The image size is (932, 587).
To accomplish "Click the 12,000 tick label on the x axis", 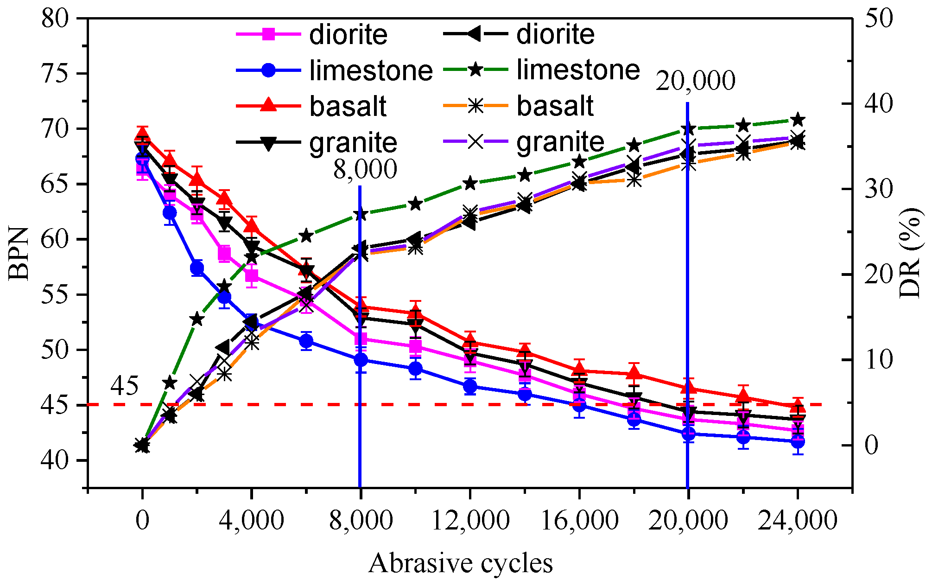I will click(x=470, y=521).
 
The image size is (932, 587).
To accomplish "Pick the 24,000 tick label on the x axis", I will click(x=797, y=521).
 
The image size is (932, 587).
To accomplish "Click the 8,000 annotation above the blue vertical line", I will click(x=365, y=169).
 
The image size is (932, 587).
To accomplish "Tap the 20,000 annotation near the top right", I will click(x=695, y=81).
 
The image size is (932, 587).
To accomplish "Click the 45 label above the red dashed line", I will click(x=124, y=386).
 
